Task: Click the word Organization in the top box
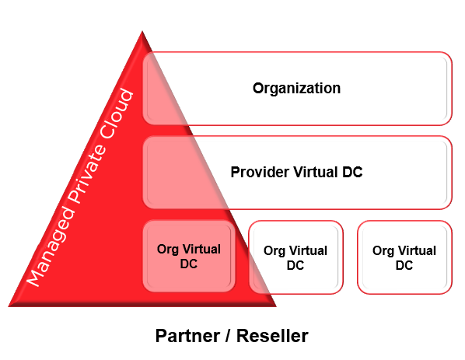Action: pos(296,89)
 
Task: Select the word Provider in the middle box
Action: pos(260,172)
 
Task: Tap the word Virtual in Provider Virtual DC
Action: pos(316,172)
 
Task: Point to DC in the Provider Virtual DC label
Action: pos(352,172)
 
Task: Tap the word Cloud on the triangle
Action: pos(117,114)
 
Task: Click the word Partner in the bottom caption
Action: pos(188,336)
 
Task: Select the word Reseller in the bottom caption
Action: pos(272,336)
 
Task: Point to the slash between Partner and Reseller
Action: pos(228,336)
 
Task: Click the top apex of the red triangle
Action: pos(142,31)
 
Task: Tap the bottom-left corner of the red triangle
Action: pos(9,306)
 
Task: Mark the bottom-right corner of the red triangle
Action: pos(276,306)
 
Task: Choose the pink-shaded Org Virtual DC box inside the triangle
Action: pos(189,257)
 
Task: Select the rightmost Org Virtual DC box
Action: pos(404,257)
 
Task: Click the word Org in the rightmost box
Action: pos(383,251)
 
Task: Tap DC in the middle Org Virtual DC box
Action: pos(295,265)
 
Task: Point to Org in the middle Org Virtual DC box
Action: pos(274,251)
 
